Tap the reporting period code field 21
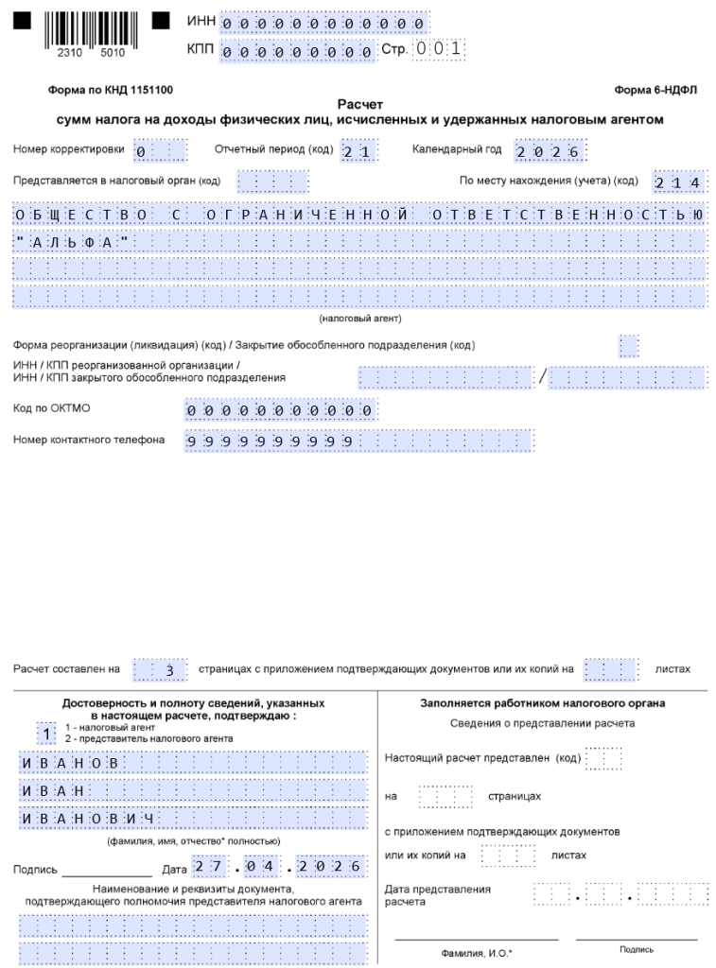[x=359, y=151]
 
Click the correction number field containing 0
[x=160, y=151]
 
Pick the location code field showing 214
[x=677, y=181]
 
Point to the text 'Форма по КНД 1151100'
[x=110, y=90]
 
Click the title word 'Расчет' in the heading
[x=359, y=105]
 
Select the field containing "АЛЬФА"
[x=359, y=243]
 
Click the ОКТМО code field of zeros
[x=280, y=410]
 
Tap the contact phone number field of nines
[x=359, y=441]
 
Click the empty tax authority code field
[x=272, y=181]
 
